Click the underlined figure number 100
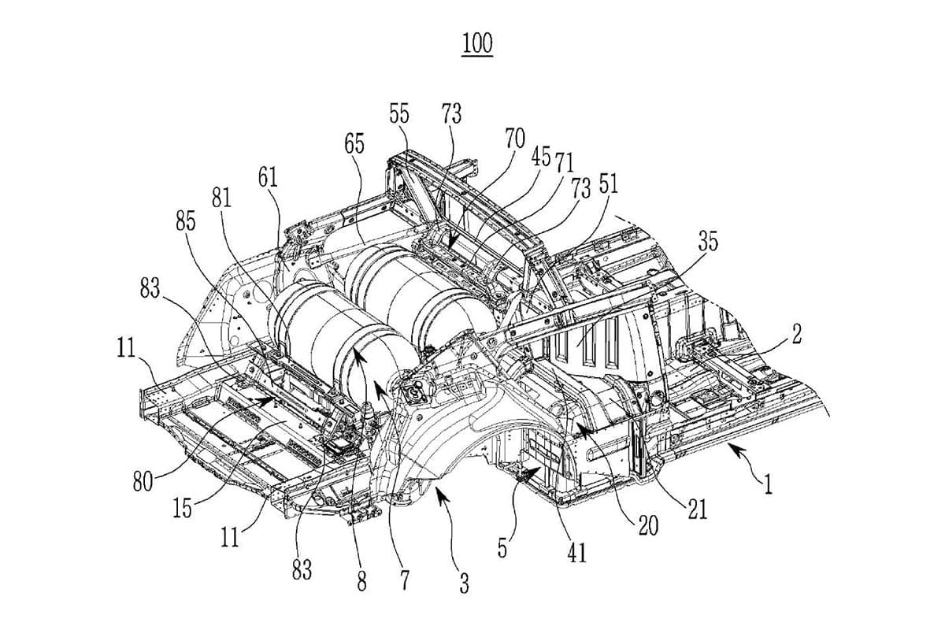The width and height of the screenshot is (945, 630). point(477,43)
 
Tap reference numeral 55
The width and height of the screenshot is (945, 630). point(399,113)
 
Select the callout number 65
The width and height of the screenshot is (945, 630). point(354,144)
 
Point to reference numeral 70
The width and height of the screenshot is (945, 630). point(515,139)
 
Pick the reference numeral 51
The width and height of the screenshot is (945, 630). point(609,183)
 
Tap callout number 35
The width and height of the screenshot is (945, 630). point(708,242)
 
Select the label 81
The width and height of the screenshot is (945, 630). point(221,199)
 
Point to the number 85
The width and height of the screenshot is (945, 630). point(186,221)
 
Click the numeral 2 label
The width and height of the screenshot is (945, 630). point(797,334)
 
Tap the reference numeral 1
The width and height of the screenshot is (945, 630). point(768,482)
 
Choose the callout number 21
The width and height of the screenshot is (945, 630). point(695,510)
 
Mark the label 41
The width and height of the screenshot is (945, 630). point(577,554)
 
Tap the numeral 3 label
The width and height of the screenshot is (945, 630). point(465,584)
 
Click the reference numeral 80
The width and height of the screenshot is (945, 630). point(143,480)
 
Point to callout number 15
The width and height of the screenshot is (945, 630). point(182,509)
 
